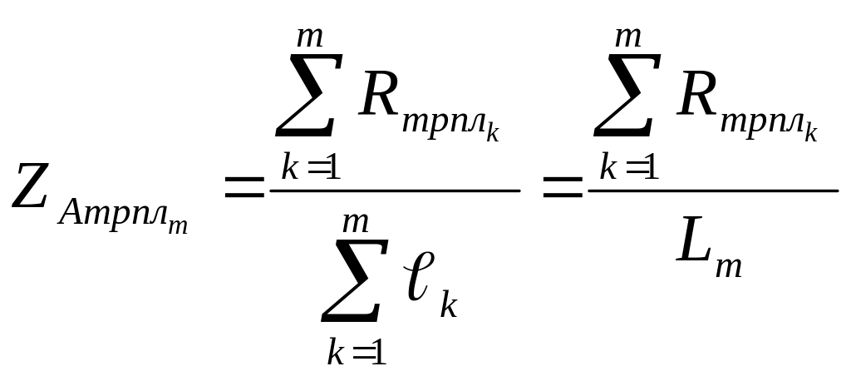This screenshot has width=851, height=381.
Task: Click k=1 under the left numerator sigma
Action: click(x=308, y=167)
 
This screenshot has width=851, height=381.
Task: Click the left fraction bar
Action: click(x=395, y=190)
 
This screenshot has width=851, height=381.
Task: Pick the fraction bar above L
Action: click(x=713, y=190)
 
